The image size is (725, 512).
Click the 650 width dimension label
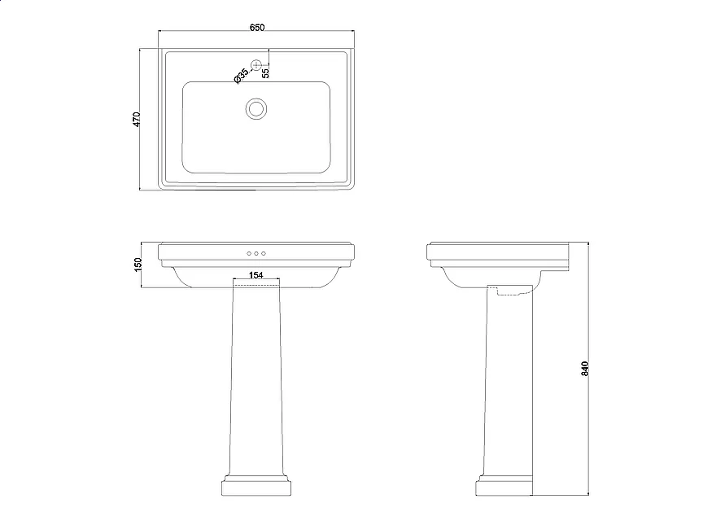pos(257,28)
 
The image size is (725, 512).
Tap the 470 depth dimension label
pos(136,119)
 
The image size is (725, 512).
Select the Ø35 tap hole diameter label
pos(241,76)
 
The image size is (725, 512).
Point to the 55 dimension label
pos(265,72)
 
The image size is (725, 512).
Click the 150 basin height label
pos(138,265)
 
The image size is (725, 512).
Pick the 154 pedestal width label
pos(255,275)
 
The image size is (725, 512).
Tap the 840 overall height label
pos(585,369)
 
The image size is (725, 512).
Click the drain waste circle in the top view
pos(255,109)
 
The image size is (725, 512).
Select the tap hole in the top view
pos(256,65)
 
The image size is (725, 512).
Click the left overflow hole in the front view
pos(249,253)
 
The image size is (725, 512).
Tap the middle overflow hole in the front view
pos(256,253)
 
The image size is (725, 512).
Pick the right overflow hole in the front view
pos(264,253)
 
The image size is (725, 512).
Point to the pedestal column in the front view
pos(256,379)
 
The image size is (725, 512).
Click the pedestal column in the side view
pos(508,379)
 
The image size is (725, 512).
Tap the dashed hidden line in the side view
pos(514,292)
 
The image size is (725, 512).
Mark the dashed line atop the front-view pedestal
pos(256,286)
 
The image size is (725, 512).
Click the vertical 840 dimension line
pos(588,369)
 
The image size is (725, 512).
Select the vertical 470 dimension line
pos(140,119)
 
